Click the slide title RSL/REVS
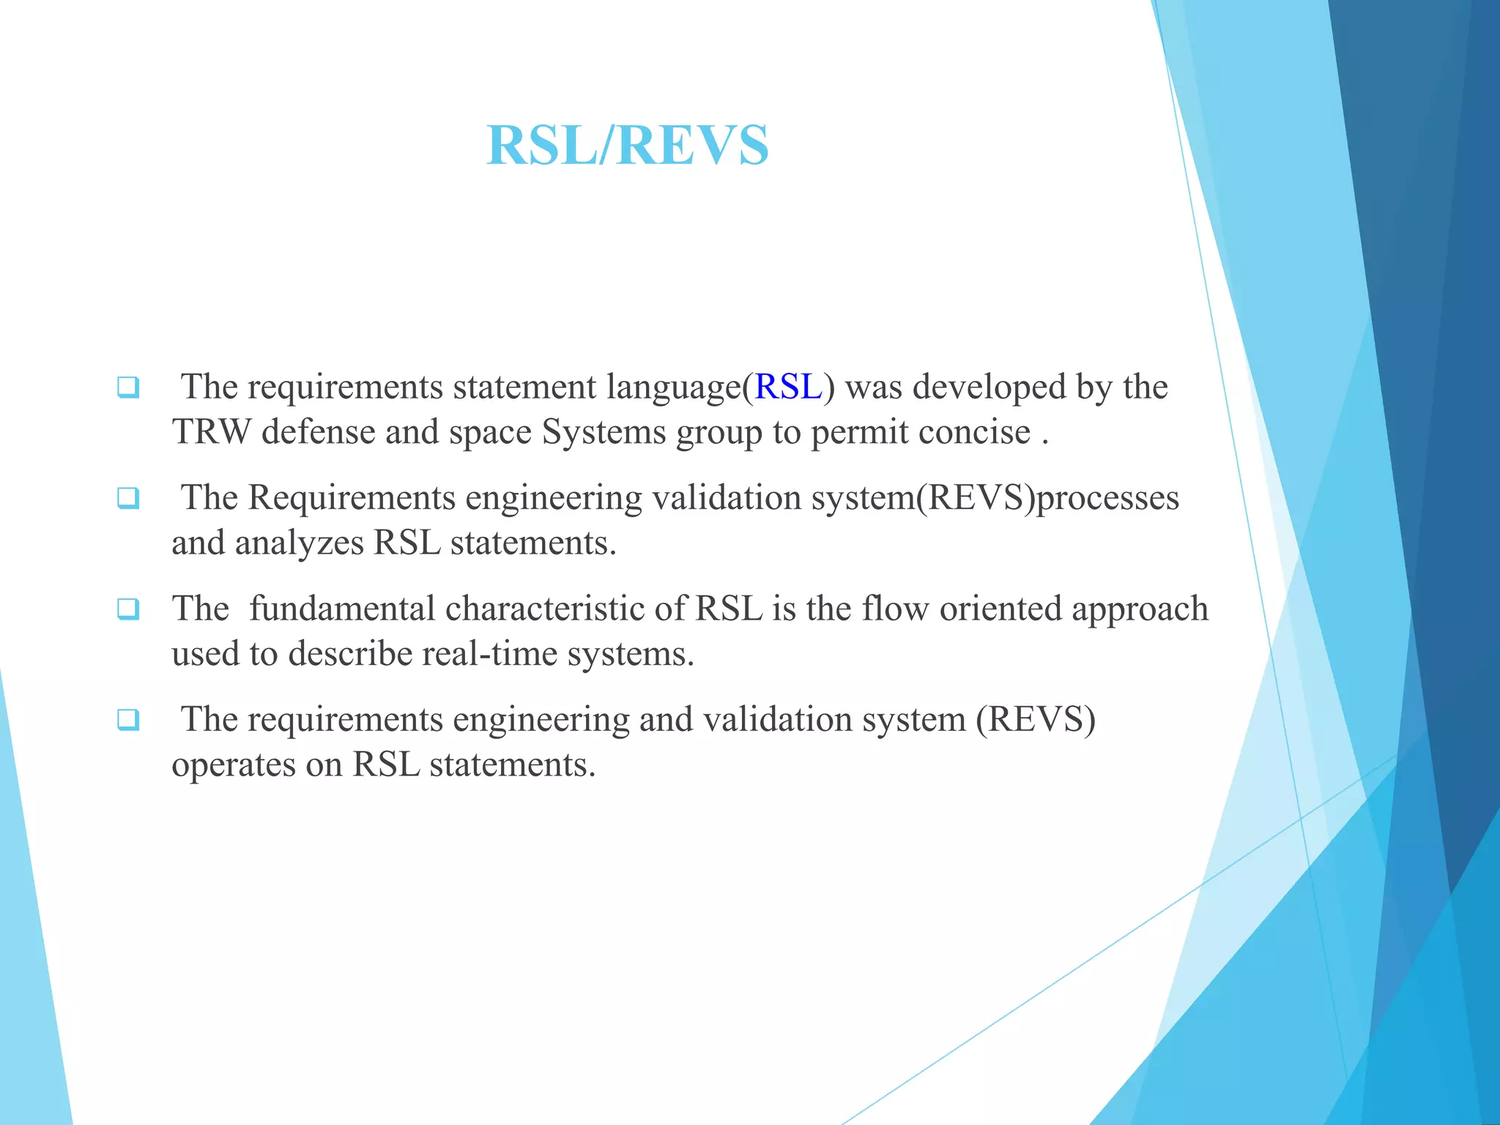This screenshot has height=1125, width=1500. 628,145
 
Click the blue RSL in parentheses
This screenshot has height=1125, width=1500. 788,387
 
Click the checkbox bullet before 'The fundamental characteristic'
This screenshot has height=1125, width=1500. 128,609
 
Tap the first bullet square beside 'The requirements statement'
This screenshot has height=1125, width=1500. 128,387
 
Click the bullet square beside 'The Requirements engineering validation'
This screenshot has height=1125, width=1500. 128,498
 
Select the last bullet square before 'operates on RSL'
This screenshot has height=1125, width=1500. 128,720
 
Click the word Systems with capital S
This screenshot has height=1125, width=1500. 604,432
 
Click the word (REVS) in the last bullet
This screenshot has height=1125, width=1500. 1035,720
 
